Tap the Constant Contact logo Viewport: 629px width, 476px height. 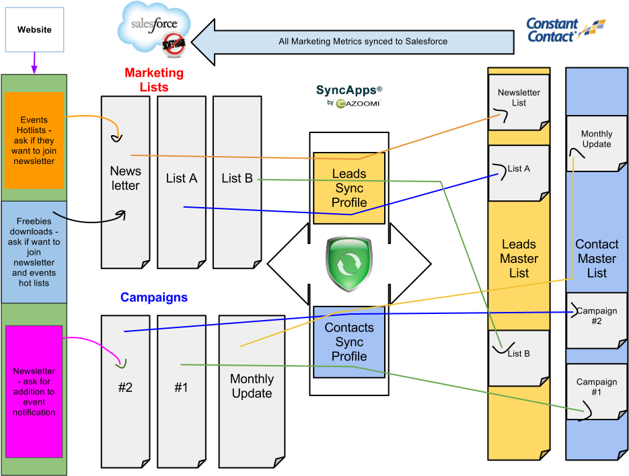566,30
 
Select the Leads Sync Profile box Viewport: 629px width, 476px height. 349,188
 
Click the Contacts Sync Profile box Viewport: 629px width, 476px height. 349,342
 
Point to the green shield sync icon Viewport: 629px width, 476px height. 349,264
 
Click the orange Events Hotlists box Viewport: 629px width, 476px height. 34,141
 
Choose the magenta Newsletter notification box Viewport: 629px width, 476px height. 34,391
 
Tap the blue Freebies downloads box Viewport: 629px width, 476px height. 34,251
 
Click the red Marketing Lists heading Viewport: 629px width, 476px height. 154,79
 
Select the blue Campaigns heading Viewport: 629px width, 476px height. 154,297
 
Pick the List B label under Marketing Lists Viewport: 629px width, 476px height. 237,178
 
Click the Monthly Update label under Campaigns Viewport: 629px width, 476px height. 252,387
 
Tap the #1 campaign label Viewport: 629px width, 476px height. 181,387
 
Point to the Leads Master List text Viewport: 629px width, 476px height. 519,259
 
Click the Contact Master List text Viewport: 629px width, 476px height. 597,259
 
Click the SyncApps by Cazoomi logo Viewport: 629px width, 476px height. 349,95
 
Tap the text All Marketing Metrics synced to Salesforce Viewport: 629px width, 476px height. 363,41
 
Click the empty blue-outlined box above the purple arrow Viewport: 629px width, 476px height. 34,30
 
